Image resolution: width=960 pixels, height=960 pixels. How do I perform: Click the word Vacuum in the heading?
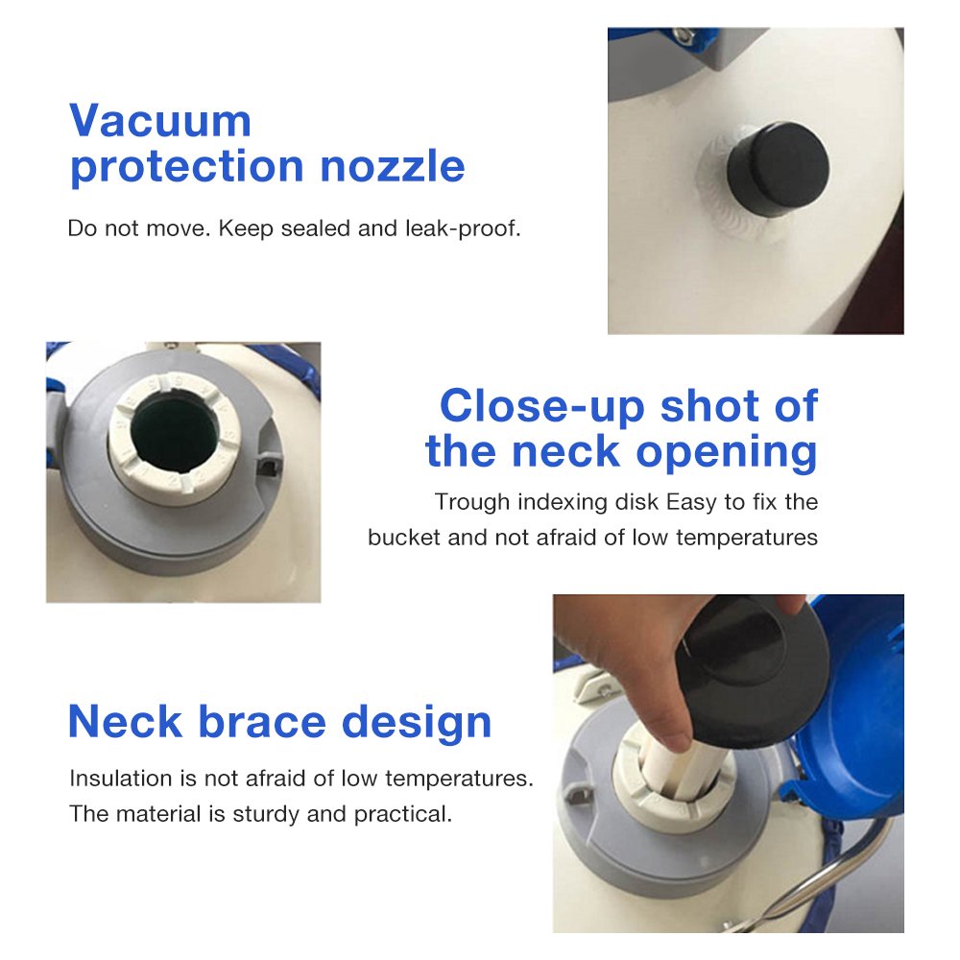160,121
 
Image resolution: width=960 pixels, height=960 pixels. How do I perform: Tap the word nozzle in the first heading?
393,166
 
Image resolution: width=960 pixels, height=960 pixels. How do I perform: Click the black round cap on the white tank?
779,169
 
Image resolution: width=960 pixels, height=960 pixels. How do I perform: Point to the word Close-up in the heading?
541,406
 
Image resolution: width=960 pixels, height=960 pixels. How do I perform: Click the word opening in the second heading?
727,453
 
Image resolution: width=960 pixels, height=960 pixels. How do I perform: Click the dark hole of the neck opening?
176,434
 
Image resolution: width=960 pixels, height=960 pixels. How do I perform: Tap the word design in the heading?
417,724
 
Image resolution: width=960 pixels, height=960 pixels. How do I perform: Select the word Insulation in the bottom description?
121,779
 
